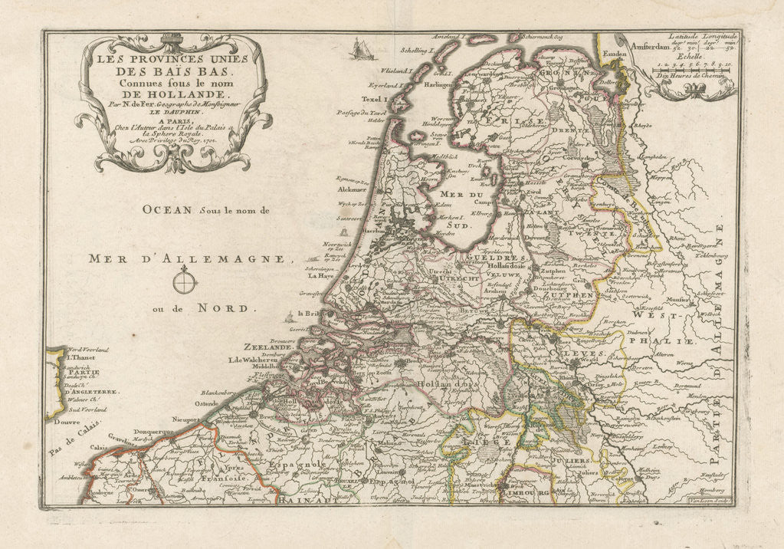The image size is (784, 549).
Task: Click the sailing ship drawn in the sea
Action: click(359, 51)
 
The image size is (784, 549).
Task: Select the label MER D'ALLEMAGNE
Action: click(190, 259)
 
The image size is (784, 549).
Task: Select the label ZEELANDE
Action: click(268, 347)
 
